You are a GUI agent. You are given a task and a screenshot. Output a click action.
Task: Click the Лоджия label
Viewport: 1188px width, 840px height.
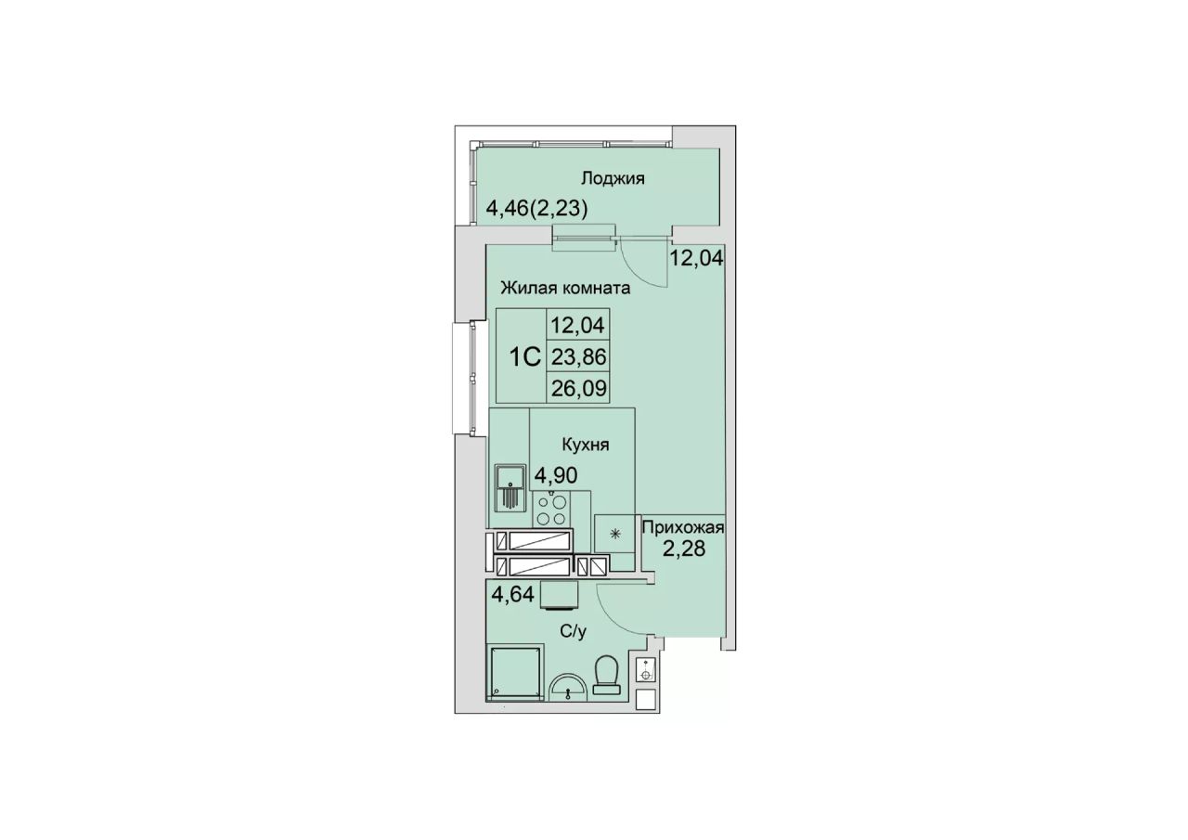coord(613,179)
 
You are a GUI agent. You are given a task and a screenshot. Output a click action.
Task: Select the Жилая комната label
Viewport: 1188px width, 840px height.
coord(566,288)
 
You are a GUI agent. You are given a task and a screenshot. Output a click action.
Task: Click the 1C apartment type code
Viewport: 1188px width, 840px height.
coord(524,357)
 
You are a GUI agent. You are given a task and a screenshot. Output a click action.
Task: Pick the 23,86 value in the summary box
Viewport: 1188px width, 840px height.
coord(578,357)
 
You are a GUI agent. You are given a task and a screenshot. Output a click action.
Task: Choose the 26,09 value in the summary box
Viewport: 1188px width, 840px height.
coord(578,389)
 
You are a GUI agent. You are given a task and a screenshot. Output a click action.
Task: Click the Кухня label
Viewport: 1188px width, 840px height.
coord(586,445)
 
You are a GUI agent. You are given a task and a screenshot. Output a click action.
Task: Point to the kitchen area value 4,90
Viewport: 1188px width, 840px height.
coord(556,475)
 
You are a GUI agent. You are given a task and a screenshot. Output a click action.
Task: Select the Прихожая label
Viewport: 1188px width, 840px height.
coord(683,527)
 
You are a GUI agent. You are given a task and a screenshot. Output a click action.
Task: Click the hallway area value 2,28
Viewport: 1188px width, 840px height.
coord(684,549)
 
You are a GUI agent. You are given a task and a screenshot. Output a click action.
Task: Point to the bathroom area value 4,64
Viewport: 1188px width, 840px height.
coord(141,593)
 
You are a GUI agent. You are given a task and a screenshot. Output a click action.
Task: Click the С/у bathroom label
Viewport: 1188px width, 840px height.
coord(574,631)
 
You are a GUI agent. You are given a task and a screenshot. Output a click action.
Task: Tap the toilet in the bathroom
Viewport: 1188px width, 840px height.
coord(607,675)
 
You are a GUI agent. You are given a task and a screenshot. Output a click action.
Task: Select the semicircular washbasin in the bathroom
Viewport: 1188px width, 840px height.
coord(568,687)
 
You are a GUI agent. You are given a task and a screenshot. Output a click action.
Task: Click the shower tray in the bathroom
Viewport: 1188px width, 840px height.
coord(515,673)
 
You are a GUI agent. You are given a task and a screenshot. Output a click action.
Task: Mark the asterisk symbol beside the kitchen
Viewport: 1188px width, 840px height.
coord(615,534)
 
